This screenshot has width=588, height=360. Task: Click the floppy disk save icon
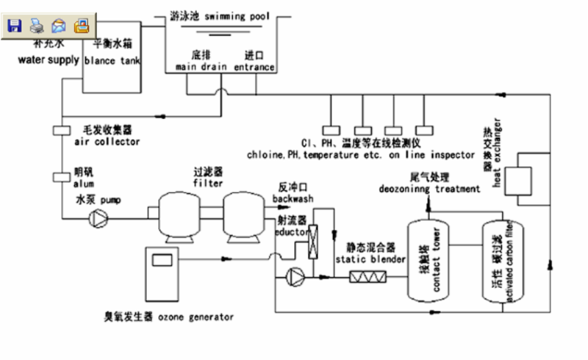pyautogui.click(x=14, y=26)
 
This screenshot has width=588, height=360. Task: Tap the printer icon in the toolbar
pyautogui.click(x=37, y=26)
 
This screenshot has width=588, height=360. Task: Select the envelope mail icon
pyautogui.click(x=59, y=26)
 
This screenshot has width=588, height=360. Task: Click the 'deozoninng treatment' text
pyautogui.click(x=430, y=189)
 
